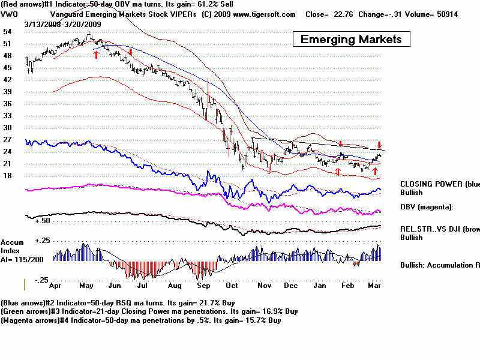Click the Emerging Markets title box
pyautogui.click(x=351, y=40)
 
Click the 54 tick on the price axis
pyautogui.click(x=7, y=31)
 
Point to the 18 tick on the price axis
pyautogui.click(x=7, y=175)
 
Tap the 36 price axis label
pyautogui.click(x=7, y=103)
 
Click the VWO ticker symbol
pyautogui.click(x=10, y=14)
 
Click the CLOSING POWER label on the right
pyautogui.click(x=438, y=184)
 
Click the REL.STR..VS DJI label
pyautogui.click(x=437, y=229)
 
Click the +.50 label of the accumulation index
pyautogui.click(x=41, y=221)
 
